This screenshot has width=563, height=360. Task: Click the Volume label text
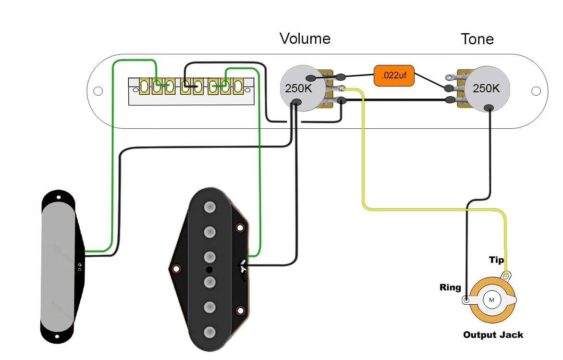tap(305, 38)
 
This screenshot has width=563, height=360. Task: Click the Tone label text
tap(477, 39)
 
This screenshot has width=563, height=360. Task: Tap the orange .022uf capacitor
tap(393, 76)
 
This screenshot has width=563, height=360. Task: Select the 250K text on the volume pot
tap(298, 89)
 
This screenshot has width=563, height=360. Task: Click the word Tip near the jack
tap(496, 260)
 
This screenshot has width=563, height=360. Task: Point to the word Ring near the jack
tap(450, 287)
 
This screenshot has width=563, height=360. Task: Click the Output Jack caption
tap(493, 335)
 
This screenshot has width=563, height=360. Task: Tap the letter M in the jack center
tap(491, 300)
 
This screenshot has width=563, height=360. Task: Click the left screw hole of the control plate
tap(98, 91)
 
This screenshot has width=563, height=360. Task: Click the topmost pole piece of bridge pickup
tap(209, 208)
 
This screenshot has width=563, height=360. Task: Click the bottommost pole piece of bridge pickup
tap(209, 332)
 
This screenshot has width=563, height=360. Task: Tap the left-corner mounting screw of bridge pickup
tap(177, 268)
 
